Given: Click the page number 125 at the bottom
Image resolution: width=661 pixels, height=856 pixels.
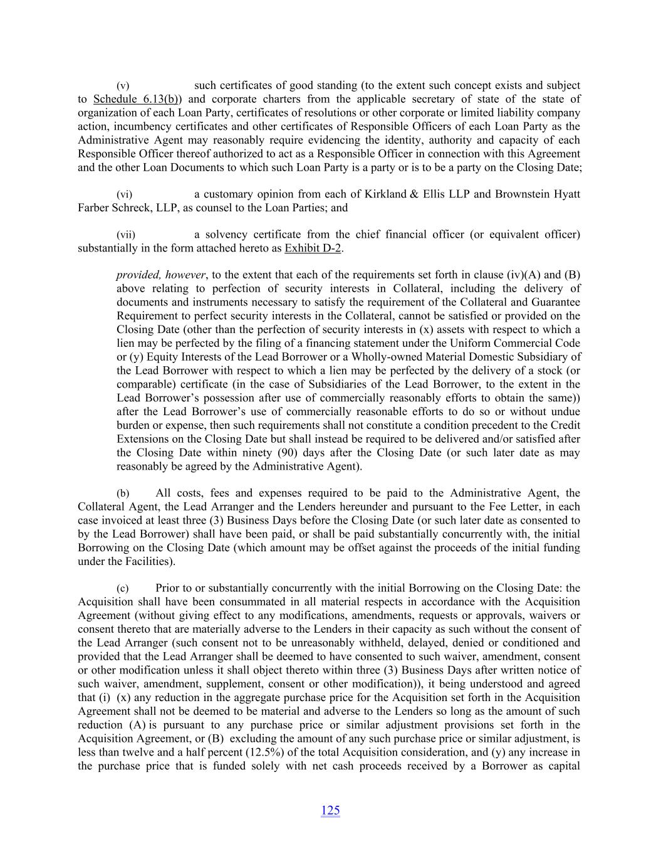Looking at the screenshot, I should coord(330,810).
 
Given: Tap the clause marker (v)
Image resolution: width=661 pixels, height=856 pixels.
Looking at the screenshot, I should coord(123,85).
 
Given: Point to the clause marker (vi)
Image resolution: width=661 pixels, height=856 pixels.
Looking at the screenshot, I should coord(125,194).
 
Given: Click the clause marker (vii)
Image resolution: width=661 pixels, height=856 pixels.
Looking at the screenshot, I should coord(126,235).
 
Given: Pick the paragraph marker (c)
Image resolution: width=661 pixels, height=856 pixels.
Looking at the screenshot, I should coord(123,588).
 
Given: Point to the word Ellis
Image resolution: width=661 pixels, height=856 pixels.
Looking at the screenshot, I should coord(437,194).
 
